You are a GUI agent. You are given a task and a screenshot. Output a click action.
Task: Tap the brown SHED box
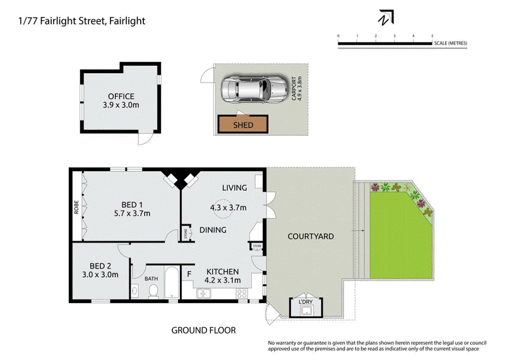point(243,124)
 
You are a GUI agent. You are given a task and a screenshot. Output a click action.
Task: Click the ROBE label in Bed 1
point(76,207)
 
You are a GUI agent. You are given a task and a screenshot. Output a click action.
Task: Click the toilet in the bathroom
point(152,291)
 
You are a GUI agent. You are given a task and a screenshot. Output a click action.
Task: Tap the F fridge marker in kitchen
point(189,273)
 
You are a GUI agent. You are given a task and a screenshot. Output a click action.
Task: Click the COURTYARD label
point(310,236)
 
